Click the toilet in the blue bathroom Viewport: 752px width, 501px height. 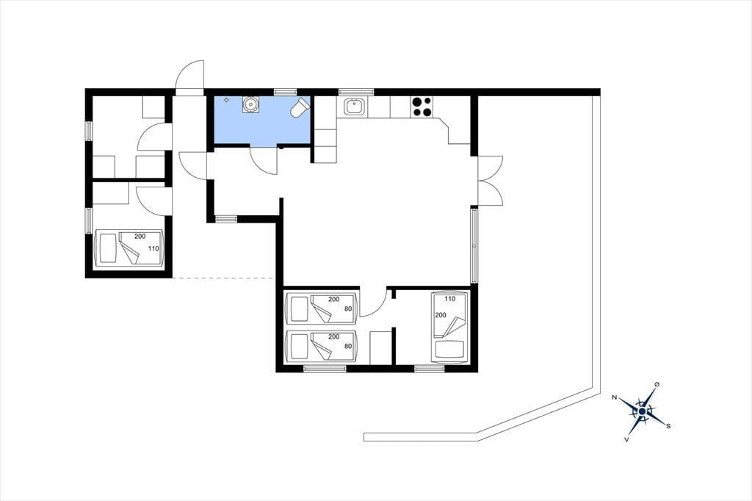pyautogui.click(x=300, y=107)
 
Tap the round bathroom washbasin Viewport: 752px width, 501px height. pyautogui.click(x=250, y=104)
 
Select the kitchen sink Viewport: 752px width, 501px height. pyautogui.click(x=355, y=107)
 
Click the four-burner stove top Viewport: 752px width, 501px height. pyautogui.click(x=422, y=107)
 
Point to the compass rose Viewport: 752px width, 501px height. pyautogui.click(x=642, y=411)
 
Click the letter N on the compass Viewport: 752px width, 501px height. pyautogui.click(x=614, y=397)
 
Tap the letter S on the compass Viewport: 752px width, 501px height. pyautogui.click(x=668, y=425)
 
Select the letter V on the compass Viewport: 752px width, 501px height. pyautogui.click(x=627, y=439)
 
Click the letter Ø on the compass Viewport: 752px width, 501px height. pyautogui.click(x=657, y=384)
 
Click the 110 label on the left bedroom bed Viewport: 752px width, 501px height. pyautogui.click(x=153, y=248)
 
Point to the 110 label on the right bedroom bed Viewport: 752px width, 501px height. pyautogui.click(x=450, y=298)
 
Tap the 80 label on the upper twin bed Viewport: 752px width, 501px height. pyautogui.click(x=348, y=309)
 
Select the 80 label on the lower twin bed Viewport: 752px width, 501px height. pyautogui.click(x=348, y=346)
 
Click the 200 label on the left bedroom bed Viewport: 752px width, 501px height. pyautogui.click(x=140, y=236)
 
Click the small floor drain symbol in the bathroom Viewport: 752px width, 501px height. pyautogui.click(x=226, y=100)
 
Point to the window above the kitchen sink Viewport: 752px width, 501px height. pyautogui.click(x=356, y=92)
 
